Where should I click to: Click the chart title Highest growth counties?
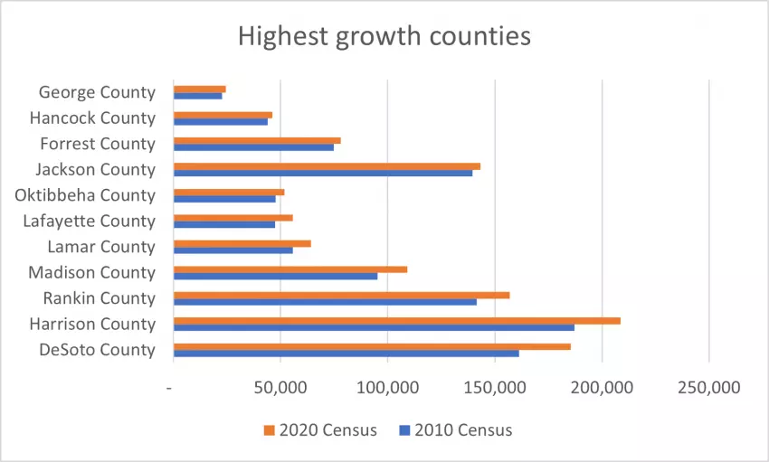tap(384, 37)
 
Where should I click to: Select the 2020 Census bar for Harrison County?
tap(396, 321)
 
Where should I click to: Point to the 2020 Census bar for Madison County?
tap(290, 269)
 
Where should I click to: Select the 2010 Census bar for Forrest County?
tap(253, 147)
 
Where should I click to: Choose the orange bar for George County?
tap(199, 89)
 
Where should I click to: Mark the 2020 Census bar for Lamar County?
tap(242, 243)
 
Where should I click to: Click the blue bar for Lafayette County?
tap(223, 224)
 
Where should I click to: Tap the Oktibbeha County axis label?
tap(85, 195)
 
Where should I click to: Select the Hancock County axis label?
tap(92, 118)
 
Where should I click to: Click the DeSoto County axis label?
tap(98, 350)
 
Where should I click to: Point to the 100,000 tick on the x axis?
tap(387, 387)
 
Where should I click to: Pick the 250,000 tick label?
tap(709, 387)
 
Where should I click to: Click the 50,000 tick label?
tap(280, 387)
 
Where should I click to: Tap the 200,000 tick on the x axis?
tap(603, 387)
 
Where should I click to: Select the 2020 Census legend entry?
tap(319, 429)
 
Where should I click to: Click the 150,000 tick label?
tap(495, 387)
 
